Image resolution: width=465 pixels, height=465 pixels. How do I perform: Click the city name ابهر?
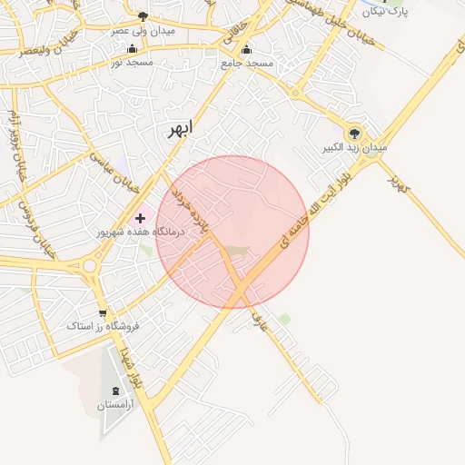(179, 129)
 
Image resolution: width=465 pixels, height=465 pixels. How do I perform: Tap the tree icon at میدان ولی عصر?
(143, 16)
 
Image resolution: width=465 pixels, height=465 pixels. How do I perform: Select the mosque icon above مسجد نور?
(133, 48)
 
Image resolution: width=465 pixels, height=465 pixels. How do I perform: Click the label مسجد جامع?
(246, 64)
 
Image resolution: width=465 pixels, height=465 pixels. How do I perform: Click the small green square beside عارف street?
(285, 319)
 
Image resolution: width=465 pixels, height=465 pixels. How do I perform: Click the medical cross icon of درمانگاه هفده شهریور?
(141, 218)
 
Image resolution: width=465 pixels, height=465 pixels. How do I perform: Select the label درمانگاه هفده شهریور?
(141, 232)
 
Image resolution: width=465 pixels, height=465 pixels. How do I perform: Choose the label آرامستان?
(126, 405)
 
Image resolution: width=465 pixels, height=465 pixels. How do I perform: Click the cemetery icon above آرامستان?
(126, 391)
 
